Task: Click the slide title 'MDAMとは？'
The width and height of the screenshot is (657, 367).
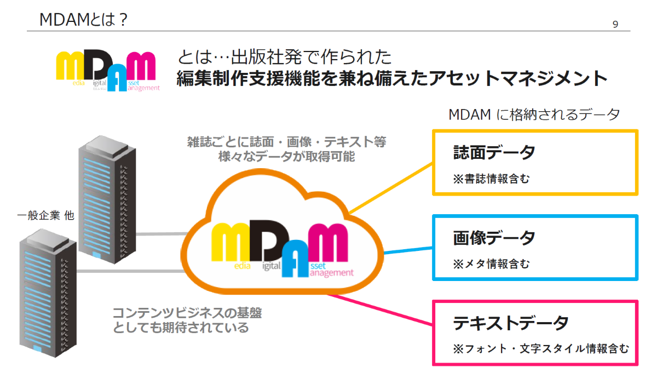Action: click(84, 20)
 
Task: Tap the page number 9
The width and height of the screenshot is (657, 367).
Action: click(616, 24)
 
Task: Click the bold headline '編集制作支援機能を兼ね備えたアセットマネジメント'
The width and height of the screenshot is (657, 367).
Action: click(392, 78)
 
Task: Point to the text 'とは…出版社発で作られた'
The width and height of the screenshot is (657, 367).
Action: click(285, 56)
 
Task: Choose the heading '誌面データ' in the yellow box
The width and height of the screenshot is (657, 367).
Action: click(494, 153)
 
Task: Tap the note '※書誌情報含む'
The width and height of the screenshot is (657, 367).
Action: click(491, 179)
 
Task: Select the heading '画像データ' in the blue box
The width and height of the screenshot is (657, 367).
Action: click(494, 238)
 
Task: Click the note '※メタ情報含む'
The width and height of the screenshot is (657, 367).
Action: click(491, 264)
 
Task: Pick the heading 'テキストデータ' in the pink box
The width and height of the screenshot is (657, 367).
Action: click(510, 323)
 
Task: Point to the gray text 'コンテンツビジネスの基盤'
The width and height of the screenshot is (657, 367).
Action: click(187, 314)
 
